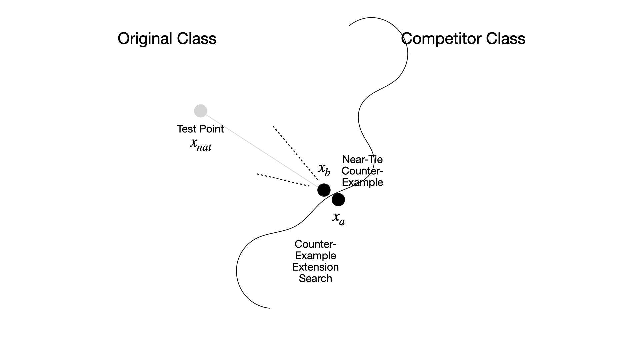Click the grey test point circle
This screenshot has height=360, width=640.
coord(201,111)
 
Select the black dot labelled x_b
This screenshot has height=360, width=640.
coord(324,190)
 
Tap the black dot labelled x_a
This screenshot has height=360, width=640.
coord(338,200)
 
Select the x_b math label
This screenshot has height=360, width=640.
coord(324,169)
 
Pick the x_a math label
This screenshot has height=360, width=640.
coord(339,218)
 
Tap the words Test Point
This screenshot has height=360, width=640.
coord(200,129)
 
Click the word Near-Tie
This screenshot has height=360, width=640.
coord(362,160)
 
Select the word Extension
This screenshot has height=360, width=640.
coord(315,267)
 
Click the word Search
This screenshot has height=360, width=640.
coord(315,278)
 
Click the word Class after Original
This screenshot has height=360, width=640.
coord(197,39)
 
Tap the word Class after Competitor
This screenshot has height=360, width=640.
coord(506,39)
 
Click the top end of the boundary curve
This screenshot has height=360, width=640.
coord(350,25)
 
